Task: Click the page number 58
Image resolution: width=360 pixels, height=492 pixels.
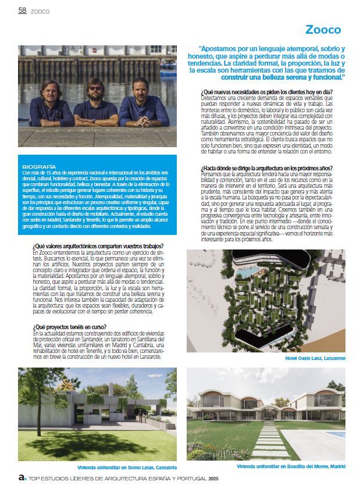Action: point(23,10)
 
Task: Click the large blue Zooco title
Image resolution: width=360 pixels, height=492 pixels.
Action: point(323,30)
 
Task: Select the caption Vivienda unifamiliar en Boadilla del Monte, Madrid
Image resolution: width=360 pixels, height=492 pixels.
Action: point(291,466)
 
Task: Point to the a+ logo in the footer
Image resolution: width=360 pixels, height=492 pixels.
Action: point(22,478)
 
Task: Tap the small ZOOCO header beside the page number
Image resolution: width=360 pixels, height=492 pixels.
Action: point(40,11)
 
